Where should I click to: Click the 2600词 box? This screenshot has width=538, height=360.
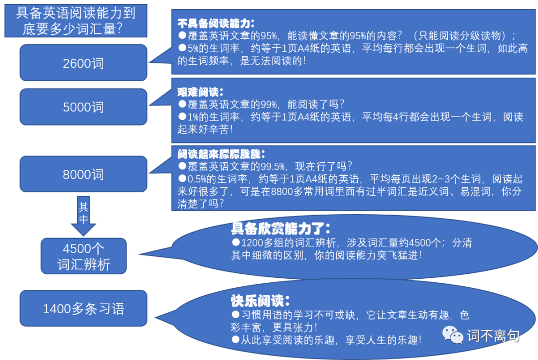point(83,63)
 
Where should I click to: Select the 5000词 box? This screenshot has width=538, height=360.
point(83,107)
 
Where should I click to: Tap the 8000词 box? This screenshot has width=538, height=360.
point(83,174)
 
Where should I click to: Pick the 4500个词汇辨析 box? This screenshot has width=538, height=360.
point(83,256)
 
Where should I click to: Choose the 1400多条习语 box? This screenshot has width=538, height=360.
point(83,309)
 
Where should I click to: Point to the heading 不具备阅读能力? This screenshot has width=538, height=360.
point(216,23)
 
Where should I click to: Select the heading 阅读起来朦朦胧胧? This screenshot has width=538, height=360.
point(221,153)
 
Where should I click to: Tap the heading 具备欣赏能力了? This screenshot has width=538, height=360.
point(280,229)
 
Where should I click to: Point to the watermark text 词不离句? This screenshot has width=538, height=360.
point(493,336)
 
